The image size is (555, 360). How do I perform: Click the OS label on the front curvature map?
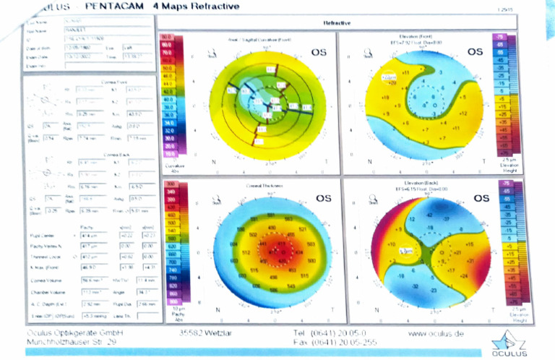click(x=319, y=53)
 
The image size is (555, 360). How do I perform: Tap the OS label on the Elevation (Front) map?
click(x=475, y=52)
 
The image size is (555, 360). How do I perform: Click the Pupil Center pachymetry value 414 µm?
click(x=89, y=236)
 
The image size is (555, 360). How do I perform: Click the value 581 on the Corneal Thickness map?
click(x=254, y=218)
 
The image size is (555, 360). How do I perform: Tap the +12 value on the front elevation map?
click(x=464, y=114)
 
